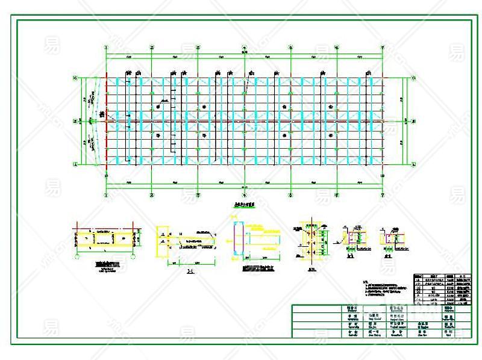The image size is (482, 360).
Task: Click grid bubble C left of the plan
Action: tap(75, 78)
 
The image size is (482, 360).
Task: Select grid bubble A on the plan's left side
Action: tap(75, 163)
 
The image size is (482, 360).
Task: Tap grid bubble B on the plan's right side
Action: tap(414, 120)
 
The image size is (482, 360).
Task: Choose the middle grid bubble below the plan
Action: tap(244, 194)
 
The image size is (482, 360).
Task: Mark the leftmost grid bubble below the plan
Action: tap(106, 194)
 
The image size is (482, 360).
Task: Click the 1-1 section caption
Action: tap(190, 271)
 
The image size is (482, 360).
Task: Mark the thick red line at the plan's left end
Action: tap(107, 120)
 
